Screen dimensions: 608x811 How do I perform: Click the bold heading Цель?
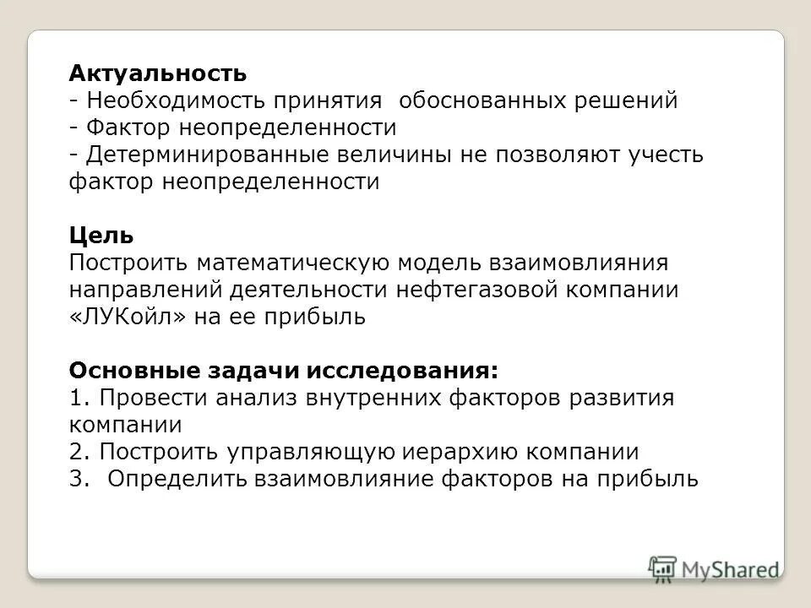(x=101, y=236)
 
